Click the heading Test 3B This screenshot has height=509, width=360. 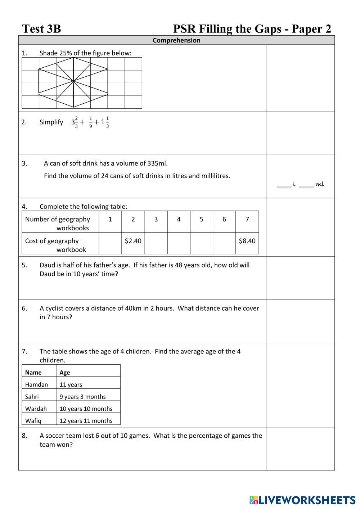click(x=41, y=29)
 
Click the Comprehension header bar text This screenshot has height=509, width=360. click(x=176, y=40)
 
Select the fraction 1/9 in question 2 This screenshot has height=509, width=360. click(x=91, y=122)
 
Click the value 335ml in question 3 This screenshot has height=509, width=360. click(x=157, y=163)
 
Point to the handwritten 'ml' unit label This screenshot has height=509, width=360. click(x=319, y=184)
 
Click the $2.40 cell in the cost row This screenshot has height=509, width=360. click(x=133, y=241)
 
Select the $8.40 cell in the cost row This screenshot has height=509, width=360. click(x=247, y=241)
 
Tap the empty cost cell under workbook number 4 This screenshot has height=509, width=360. click(x=179, y=243)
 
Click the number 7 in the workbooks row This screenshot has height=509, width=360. click(x=247, y=219)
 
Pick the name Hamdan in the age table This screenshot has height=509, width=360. click(x=36, y=384)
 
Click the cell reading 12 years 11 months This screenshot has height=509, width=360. click(x=86, y=420)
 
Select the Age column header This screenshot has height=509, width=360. click(x=65, y=373)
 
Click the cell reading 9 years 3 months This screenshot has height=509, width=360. click(x=82, y=397)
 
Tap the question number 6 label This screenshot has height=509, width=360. click(x=24, y=308)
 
